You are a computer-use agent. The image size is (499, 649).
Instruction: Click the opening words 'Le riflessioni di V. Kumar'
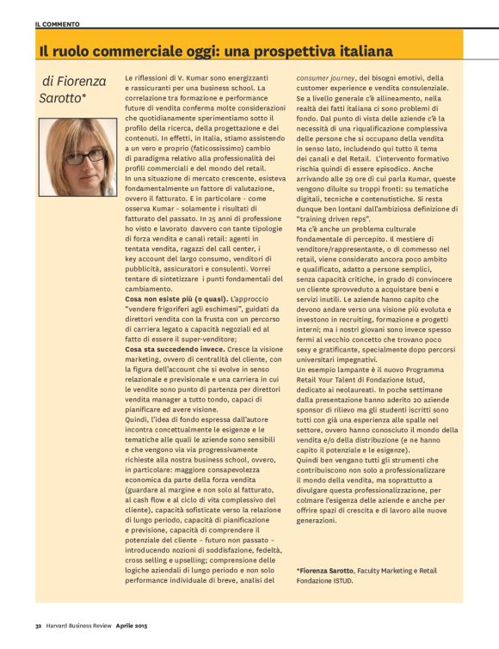click(x=171, y=77)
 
